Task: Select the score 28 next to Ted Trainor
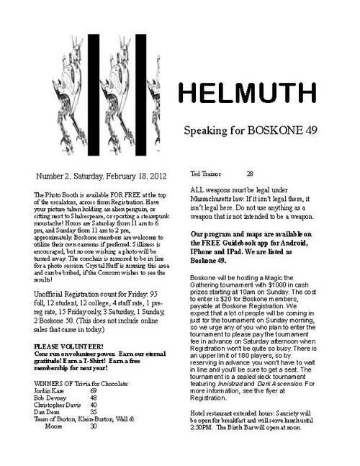click(250, 174)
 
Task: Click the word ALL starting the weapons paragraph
click(198, 189)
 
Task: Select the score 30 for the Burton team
click(94, 427)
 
